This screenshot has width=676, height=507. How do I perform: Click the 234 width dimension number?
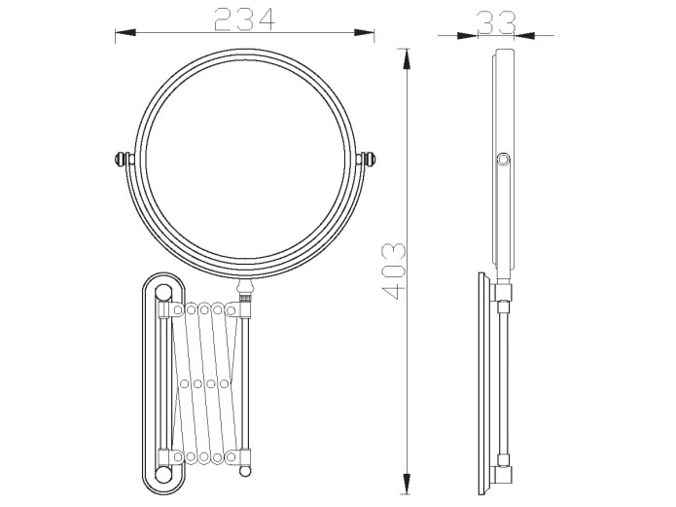pos(244,19)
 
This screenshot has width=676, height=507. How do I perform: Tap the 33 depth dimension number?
pos(496,22)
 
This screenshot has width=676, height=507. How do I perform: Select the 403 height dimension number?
pos(394,272)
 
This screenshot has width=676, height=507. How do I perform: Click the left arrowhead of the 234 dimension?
pos(125,32)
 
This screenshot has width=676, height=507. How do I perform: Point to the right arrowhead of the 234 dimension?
pos(364,32)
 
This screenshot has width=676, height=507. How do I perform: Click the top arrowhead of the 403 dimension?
pos(406,59)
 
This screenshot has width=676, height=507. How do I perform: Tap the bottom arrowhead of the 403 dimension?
pos(406,484)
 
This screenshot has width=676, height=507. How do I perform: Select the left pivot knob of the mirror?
pos(122,159)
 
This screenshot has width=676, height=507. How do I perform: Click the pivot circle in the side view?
pos(503,160)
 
